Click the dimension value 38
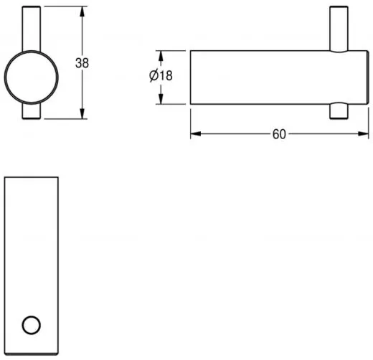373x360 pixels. click(x=82, y=63)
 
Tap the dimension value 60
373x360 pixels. click(x=279, y=134)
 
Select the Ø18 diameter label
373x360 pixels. click(x=161, y=75)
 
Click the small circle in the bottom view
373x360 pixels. click(x=31, y=325)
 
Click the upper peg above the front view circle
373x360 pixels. click(x=32, y=29)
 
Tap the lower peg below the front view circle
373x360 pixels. click(x=32, y=111)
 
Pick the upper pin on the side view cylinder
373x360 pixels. click(x=339, y=29)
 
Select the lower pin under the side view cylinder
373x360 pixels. click(x=339, y=110)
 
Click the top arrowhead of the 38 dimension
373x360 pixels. click(x=82, y=11)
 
